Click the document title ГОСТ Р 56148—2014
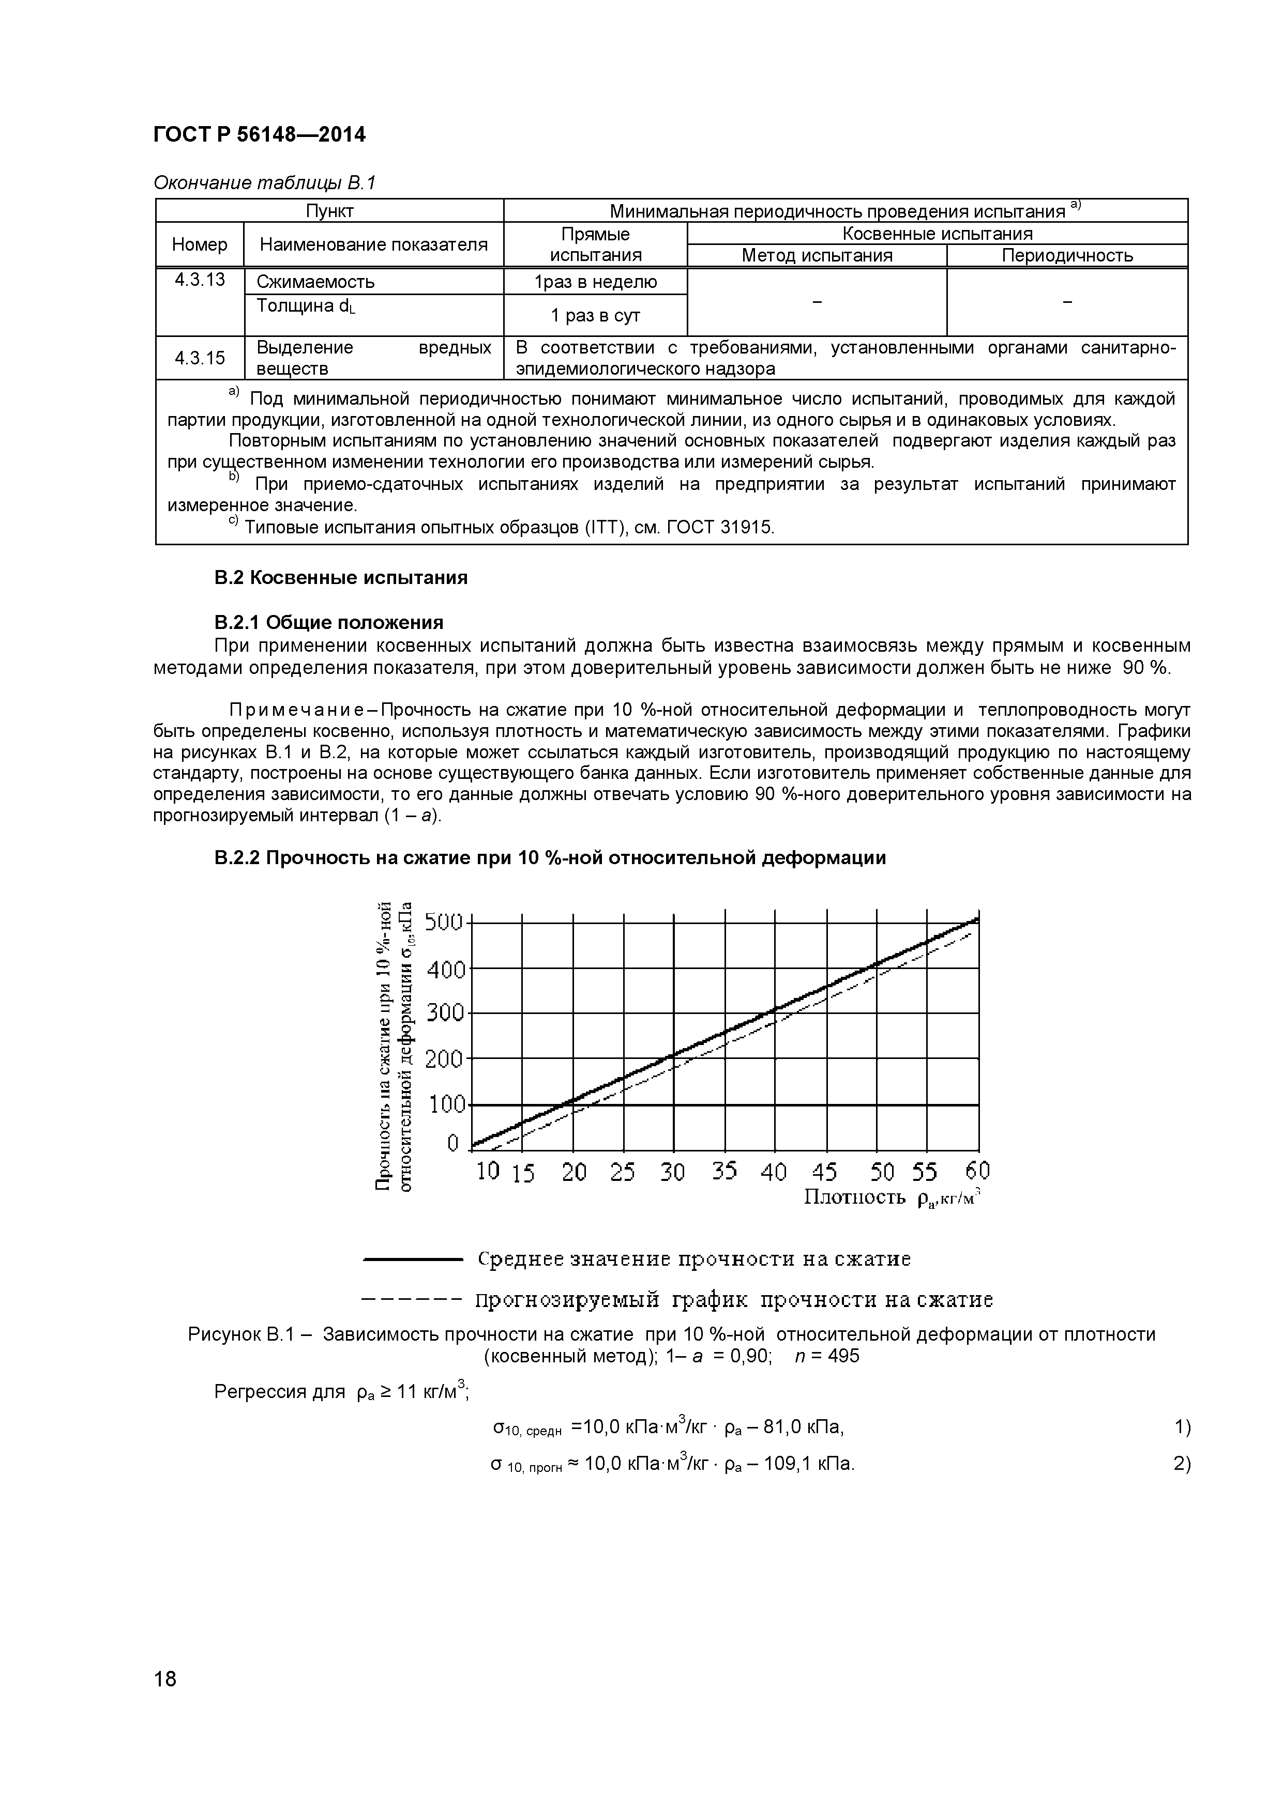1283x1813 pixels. coord(259,135)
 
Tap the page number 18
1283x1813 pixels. coord(165,1700)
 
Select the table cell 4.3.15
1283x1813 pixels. coord(200,359)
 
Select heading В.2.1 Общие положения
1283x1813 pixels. coord(329,622)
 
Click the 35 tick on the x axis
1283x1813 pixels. coord(723,1171)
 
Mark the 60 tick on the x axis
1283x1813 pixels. coord(977,1170)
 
